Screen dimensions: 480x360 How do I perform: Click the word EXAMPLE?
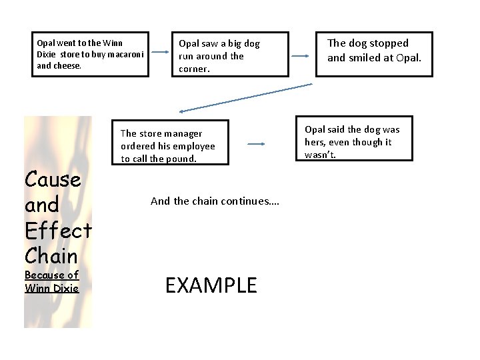point(211,285)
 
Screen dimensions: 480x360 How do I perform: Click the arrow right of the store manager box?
point(256,143)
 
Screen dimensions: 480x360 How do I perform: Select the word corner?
point(194,69)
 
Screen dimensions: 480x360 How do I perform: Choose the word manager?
point(181,133)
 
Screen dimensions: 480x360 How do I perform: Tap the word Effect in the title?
point(57,230)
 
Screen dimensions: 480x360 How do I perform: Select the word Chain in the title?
point(51,256)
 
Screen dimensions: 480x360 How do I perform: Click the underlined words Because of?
point(51,275)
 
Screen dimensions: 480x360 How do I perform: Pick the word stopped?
point(385,43)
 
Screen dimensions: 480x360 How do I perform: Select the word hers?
point(317,142)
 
